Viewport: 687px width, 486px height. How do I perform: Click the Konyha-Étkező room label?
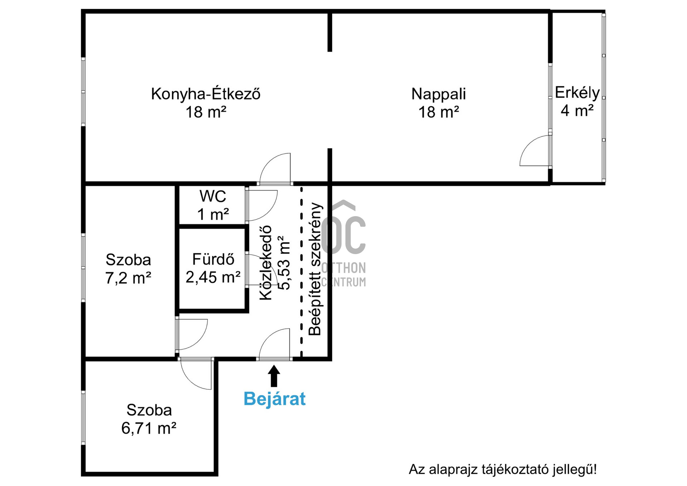point(206,94)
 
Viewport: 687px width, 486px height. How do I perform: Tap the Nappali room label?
point(439,94)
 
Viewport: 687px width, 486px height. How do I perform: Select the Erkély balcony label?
point(577,93)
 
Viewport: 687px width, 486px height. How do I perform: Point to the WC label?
point(213,196)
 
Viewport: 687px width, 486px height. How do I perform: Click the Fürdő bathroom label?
point(213,259)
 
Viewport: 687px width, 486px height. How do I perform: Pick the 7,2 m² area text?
point(128,278)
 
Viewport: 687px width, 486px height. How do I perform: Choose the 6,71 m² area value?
point(149,428)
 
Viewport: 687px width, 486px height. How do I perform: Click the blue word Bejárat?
point(274,399)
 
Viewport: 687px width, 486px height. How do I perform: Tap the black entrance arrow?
point(274,376)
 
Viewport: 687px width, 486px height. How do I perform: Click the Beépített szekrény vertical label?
point(315,269)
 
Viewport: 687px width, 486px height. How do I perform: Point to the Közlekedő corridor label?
point(266,263)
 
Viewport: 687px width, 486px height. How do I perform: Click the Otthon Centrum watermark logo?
point(343,243)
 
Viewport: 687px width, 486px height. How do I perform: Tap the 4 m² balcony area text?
point(577,111)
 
